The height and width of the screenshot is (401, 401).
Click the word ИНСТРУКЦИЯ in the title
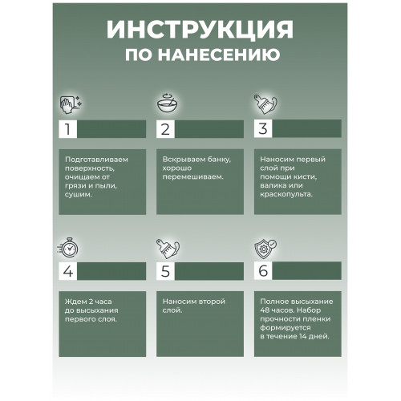(200, 30)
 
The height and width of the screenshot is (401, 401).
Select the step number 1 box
(68, 129)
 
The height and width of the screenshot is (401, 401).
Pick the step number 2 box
(165, 129)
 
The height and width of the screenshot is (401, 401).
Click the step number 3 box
(263, 128)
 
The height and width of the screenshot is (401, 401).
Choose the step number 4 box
(68, 271)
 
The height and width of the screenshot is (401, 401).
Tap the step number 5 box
(165, 271)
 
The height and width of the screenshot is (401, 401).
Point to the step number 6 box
(263, 271)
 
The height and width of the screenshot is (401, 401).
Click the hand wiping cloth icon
(71, 104)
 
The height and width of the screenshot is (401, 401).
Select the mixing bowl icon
(168, 103)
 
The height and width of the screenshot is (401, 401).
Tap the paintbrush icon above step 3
(265, 104)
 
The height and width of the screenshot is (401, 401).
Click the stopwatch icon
(68, 248)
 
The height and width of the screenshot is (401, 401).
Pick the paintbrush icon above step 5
(168, 249)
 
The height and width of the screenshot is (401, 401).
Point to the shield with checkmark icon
(265, 249)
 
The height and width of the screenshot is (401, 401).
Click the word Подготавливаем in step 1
(96, 160)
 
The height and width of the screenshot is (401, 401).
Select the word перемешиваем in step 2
(192, 177)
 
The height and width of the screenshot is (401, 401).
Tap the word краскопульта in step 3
(286, 194)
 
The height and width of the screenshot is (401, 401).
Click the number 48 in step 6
(265, 310)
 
